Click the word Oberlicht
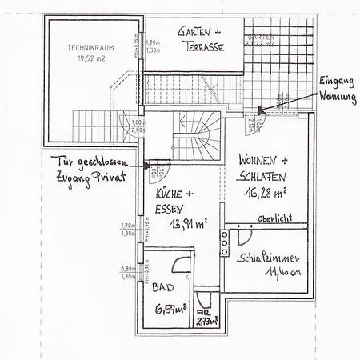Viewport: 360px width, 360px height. tap(274, 218)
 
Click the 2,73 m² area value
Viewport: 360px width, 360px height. tap(209, 321)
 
